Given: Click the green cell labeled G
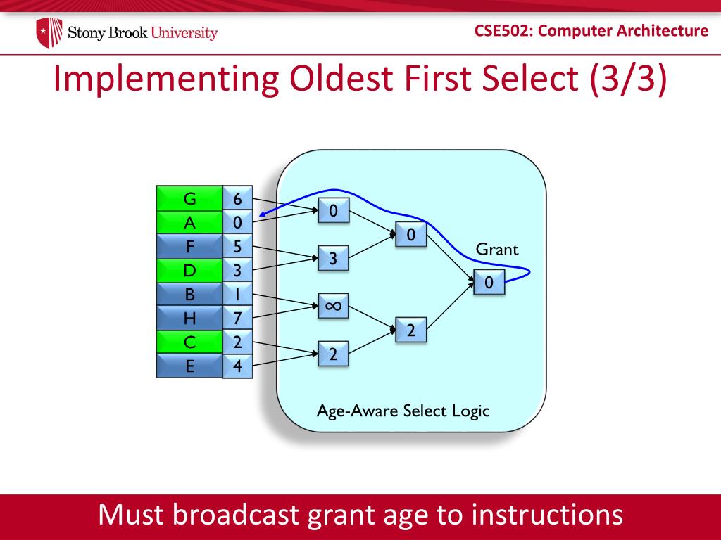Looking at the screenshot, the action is click(189, 198).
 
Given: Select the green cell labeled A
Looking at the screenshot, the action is click(189, 222).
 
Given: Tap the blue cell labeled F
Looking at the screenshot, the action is click(189, 246).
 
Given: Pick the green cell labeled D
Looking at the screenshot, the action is click(189, 270).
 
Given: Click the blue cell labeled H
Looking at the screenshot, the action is click(189, 318).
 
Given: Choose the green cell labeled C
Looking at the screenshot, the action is click(189, 342).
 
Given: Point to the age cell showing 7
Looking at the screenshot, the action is click(237, 318).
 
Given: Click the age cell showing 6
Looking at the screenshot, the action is click(237, 198).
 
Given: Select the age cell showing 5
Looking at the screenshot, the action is click(237, 246).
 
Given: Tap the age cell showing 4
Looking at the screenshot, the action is click(237, 366).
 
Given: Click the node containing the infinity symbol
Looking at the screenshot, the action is click(333, 306).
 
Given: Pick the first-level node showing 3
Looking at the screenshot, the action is click(333, 258).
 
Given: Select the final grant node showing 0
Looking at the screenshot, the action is click(489, 282).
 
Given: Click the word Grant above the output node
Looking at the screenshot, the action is click(496, 250).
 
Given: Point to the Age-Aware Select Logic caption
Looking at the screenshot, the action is click(403, 411).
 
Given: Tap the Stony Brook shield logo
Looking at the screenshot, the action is click(49, 32).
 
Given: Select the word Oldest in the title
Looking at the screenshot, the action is click(343, 78).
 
